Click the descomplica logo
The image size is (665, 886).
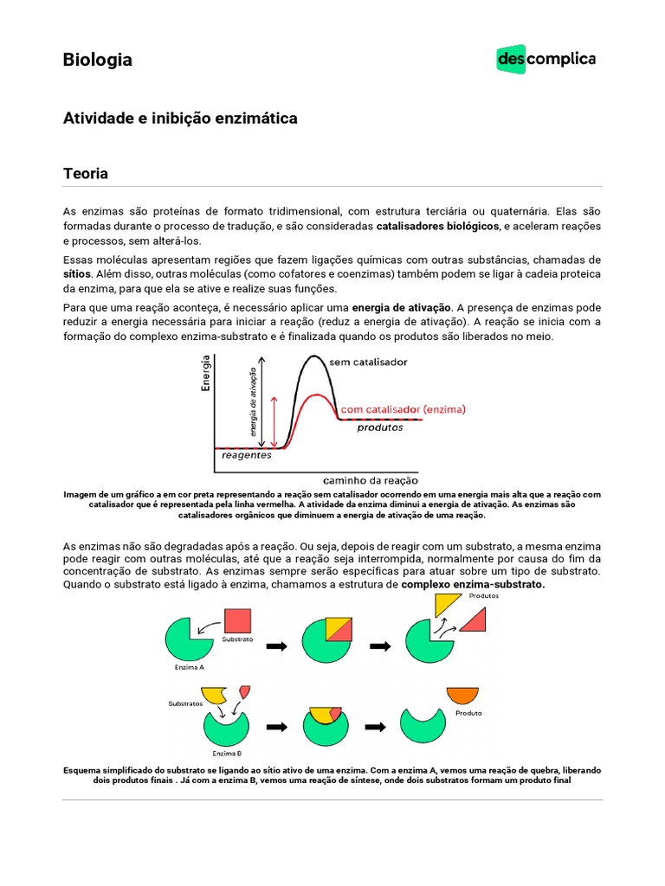(x=546, y=59)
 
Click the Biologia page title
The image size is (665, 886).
(x=98, y=60)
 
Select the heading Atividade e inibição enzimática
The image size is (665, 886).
(x=180, y=119)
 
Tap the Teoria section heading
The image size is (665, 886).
(x=86, y=173)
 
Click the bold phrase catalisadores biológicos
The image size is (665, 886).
(x=437, y=226)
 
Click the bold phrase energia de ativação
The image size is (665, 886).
(x=402, y=307)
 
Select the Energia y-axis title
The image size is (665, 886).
(x=206, y=376)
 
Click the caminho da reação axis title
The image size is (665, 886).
(x=371, y=479)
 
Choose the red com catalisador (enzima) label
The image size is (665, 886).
(x=404, y=408)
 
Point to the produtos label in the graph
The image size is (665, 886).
(x=380, y=427)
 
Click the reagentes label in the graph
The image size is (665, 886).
(x=246, y=454)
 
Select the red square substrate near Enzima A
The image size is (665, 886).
(x=237, y=621)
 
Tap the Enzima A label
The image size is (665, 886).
(x=190, y=667)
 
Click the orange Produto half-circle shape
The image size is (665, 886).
(x=462, y=695)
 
